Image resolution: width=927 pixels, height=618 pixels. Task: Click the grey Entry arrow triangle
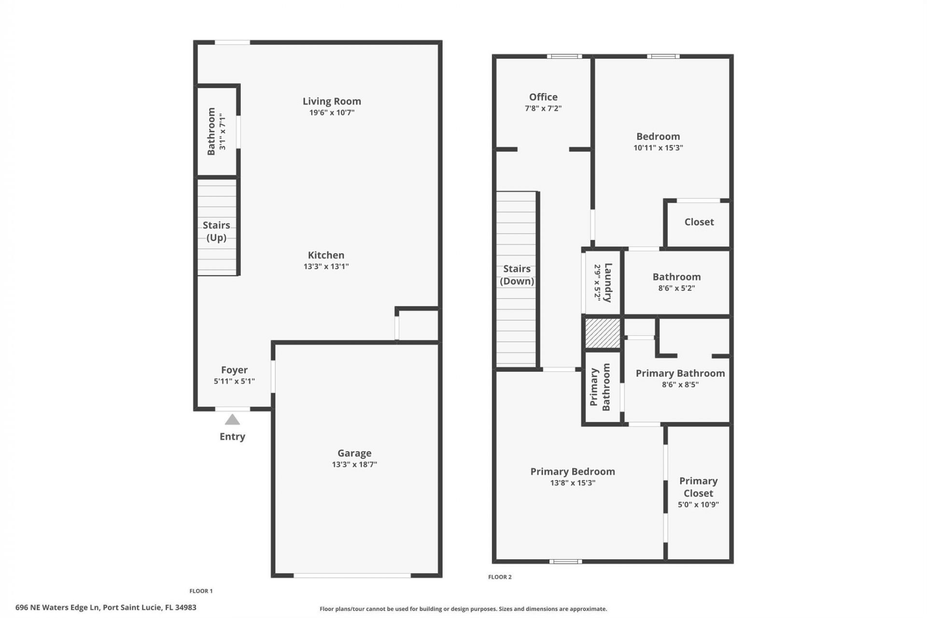pyautogui.click(x=232, y=420)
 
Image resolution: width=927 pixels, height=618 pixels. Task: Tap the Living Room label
pyautogui.click(x=332, y=101)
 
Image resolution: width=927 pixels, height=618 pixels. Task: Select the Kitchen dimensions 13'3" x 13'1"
pyautogui.click(x=326, y=266)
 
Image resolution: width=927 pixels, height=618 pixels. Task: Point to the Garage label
pyautogui.click(x=354, y=453)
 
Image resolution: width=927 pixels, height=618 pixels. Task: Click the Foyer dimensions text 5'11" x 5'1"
pyautogui.click(x=234, y=381)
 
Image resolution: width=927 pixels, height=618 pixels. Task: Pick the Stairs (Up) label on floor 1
pyautogui.click(x=216, y=231)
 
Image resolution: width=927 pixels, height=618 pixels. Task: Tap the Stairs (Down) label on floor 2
pyautogui.click(x=517, y=275)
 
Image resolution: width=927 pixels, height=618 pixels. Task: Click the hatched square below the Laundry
pyautogui.click(x=603, y=333)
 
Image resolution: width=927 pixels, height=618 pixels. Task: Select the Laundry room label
pyautogui.click(x=608, y=282)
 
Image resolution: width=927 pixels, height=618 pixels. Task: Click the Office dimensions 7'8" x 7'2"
pyautogui.click(x=543, y=108)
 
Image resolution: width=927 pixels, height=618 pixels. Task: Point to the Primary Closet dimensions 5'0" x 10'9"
pyautogui.click(x=698, y=505)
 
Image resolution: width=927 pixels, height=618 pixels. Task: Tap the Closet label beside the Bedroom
pyautogui.click(x=699, y=222)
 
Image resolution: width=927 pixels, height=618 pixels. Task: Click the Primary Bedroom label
pyautogui.click(x=573, y=471)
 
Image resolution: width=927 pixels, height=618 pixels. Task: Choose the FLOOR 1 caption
pyautogui.click(x=201, y=590)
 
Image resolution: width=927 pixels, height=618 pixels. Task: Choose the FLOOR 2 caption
pyautogui.click(x=500, y=576)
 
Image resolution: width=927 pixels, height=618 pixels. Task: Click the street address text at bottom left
pyautogui.click(x=106, y=607)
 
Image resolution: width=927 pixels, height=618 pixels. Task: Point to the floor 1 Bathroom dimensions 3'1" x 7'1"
pyautogui.click(x=222, y=131)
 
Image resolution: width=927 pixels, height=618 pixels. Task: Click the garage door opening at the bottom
pyautogui.click(x=352, y=575)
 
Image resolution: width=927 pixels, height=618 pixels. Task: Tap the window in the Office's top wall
pyautogui.click(x=564, y=56)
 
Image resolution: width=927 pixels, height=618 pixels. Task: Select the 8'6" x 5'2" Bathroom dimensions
pyautogui.click(x=676, y=288)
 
